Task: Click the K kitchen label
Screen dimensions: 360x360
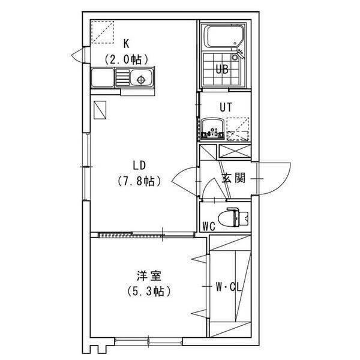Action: click(x=127, y=43)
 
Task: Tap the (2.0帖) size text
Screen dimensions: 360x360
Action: click(x=127, y=59)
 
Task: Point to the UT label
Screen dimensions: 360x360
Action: click(x=225, y=107)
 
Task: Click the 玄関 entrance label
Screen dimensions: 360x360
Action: click(x=233, y=179)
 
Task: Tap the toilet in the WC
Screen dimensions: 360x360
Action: click(x=232, y=217)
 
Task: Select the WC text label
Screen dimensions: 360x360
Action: click(x=209, y=226)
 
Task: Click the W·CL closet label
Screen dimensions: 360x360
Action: click(x=229, y=287)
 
